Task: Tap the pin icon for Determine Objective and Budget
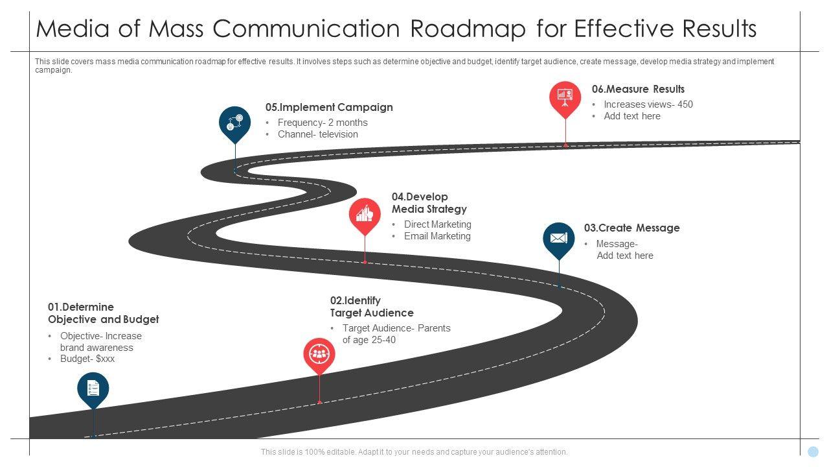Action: [93, 388]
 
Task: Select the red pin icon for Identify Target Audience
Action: [319, 354]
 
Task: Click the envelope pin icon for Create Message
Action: [558, 238]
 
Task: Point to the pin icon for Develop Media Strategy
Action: [365, 214]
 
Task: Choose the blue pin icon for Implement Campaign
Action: [234, 122]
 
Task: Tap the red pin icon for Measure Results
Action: [565, 97]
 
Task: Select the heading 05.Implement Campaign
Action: [329, 108]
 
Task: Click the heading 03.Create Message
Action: [631, 228]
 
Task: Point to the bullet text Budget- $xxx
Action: [87, 359]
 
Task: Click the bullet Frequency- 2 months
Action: [323, 123]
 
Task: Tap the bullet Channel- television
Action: [318, 134]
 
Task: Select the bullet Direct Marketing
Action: [438, 224]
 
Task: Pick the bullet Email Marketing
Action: [437, 236]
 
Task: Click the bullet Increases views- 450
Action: [648, 104]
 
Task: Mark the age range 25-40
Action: [382, 340]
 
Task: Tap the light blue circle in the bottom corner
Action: [813, 451]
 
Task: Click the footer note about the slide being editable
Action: [414, 452]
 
